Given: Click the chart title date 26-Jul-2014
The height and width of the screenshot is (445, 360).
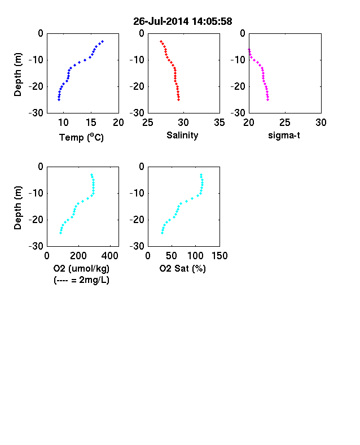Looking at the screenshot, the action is click(161, 21).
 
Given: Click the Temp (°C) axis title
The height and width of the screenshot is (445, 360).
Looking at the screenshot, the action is click(81, 137).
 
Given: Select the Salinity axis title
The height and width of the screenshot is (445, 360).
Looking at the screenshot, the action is click(182, 136).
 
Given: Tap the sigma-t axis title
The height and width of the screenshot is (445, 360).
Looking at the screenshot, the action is click(284, 136).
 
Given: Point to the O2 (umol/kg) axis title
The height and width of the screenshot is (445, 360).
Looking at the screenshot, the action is click(81, 268).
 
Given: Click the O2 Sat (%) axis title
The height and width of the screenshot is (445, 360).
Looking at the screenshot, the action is click(183, 268).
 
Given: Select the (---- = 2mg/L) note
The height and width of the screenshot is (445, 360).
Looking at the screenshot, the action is click(81, 280).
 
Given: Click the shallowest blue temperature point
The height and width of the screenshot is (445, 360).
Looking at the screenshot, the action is click(103, 41).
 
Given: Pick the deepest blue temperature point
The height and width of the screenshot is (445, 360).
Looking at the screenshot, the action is click(59, 99).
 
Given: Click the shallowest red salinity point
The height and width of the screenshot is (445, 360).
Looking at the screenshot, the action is click(161, 41).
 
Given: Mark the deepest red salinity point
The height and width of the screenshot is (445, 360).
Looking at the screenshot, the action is click(178, 99).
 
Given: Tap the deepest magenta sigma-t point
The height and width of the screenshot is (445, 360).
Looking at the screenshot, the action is click(267, 99).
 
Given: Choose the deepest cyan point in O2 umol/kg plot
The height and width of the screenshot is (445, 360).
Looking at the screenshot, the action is click(61, 233).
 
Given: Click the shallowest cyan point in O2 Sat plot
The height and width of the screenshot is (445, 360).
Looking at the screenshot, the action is click(201, 175).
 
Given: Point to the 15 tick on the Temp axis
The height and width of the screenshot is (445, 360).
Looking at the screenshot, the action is click(91, 123).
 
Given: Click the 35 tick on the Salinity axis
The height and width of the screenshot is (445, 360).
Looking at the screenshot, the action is click(219, 123).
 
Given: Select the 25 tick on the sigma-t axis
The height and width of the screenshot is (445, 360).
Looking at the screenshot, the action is click(285, 123).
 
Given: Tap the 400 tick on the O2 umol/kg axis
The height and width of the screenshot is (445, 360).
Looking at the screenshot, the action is click(110, 256).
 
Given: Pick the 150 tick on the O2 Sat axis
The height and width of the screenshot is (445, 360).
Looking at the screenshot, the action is click(219, 256).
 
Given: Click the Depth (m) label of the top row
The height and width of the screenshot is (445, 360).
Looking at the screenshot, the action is click(18, 75).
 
